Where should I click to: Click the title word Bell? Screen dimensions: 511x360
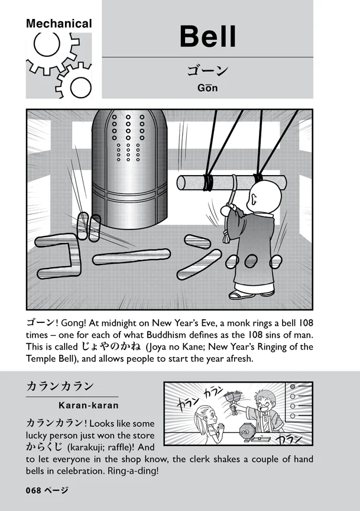[207, 37]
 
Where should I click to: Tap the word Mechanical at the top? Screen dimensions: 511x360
[59, 24]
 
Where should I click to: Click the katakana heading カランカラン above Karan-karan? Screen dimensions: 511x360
[60, 386]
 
